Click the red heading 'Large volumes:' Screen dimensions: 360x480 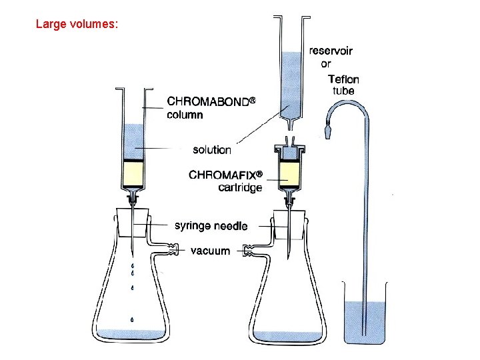[77, 25]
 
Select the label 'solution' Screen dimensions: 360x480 [212, 150]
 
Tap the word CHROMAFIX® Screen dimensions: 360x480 [226, 175]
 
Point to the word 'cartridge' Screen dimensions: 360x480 [240, 187]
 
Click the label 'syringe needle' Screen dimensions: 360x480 [211, 226]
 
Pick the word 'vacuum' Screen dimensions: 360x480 [210, 251]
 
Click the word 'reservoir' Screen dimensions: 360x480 [331, 51]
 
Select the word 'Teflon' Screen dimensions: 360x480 [343, 78]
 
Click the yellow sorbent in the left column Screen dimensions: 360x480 [134, 175]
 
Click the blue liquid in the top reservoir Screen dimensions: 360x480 [291, 83]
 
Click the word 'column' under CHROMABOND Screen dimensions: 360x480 [185, 114]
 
